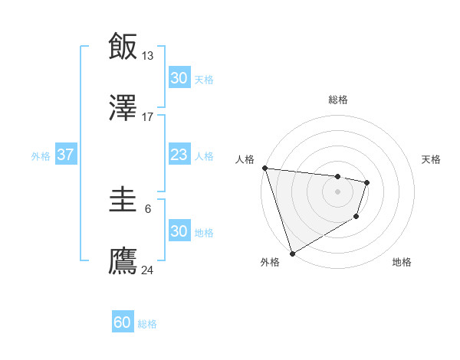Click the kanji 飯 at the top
coord(123,46)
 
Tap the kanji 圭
coord(123,200)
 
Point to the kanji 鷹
coord(123,260)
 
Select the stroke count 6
coord(148,209)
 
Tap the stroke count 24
coord(148,270)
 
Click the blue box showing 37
coord(65,155)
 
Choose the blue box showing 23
coord(179,155)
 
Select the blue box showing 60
coord(123,322)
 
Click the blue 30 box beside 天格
coord(179,78)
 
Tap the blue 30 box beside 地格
coord(179,231)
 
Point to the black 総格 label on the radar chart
coord(338,100)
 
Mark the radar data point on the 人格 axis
coord(264,168)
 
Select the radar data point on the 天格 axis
coord(367,182)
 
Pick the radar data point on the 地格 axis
coord(356,217)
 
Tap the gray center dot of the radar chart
coord(338,191)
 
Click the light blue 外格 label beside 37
coord(41,155)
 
